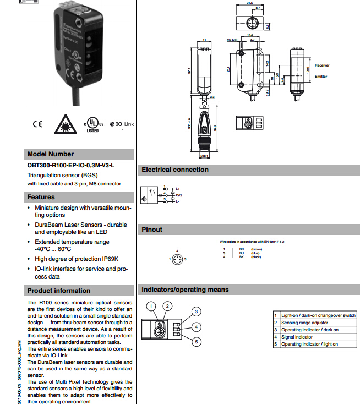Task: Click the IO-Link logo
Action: [x=122, y=124]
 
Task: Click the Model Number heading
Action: [x=50, y=154]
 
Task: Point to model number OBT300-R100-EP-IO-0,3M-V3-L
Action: [x=72, y=165]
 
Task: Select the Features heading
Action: [x=41, y=197]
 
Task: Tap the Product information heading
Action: [x=59, y=291]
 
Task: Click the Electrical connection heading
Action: [x=175, y=170]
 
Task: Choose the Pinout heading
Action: [x=152, y=230]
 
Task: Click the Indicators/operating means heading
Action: [x=185, y=290]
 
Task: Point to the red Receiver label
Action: [x=322, y=65]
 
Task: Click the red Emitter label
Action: [x=320, y=77]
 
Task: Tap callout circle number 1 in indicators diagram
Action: [x=151, y=306]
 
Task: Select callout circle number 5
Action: [x=195, y=342]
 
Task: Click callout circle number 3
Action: [x=195, y=312]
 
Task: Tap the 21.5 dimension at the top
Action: [x=249, y=3]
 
